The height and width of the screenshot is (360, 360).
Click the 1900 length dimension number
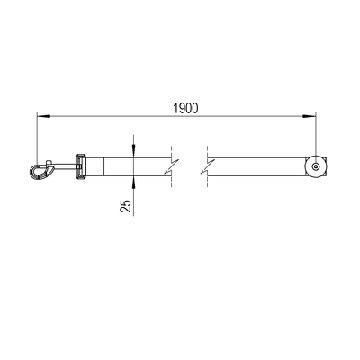(x=186, y=108)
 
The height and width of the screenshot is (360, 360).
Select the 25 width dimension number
(x=126, y=206)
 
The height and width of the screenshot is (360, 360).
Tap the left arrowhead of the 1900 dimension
(x=43, y=116)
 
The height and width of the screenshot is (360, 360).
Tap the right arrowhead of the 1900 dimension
(x=310, y=116)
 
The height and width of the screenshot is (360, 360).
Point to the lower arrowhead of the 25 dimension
(x=133, y=182)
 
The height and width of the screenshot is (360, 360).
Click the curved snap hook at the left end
(x=41, y=172)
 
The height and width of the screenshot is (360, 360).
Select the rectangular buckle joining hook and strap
(x=80, y=166)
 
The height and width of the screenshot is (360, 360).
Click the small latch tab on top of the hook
(x=49, y=163)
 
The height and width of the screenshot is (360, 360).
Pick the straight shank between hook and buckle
(x=65, y=166)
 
